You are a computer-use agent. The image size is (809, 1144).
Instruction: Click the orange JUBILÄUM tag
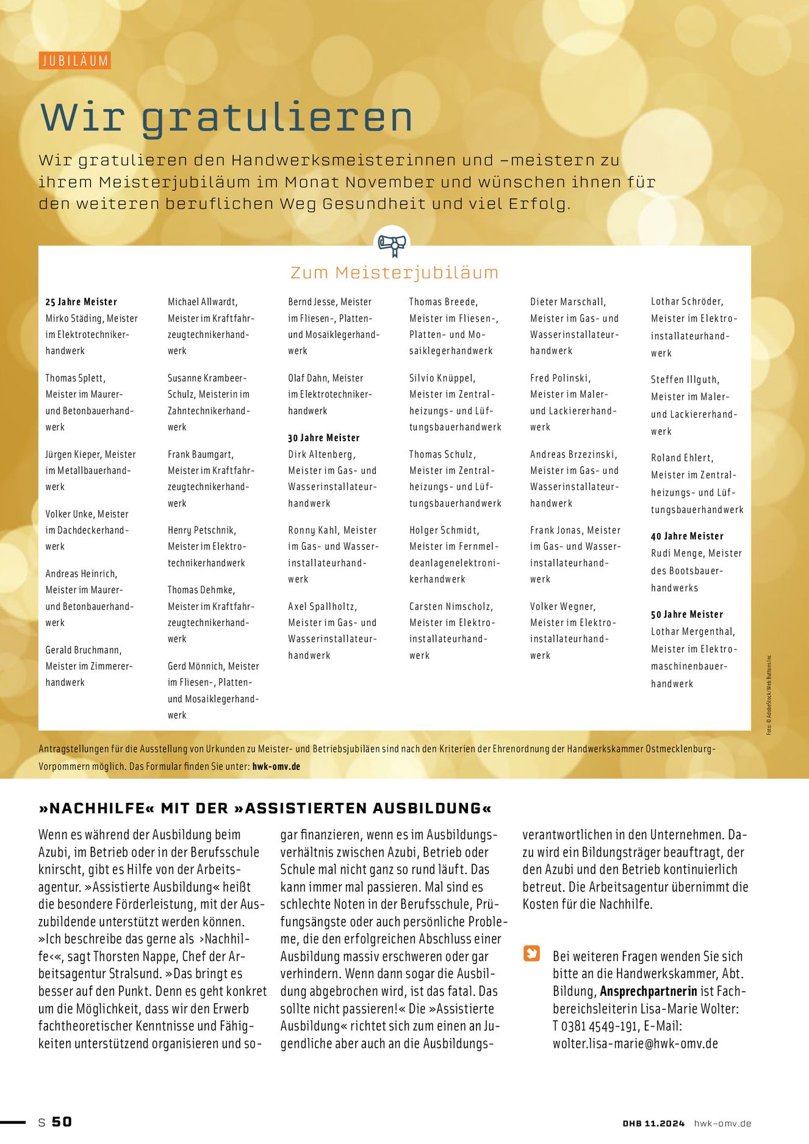(x=75, y=61)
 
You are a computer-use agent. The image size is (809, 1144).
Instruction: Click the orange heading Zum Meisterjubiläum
(x=394, y=272)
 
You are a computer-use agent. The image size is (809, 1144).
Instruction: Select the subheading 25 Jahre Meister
(x=81, y=302)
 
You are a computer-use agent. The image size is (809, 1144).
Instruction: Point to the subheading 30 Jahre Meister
(x=324, y=438)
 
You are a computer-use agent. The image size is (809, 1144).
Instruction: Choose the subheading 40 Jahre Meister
(x=687, y=536)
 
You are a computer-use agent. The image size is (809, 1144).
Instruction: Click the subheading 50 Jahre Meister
(x=687, y=614)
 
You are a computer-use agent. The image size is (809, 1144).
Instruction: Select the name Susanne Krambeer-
(x=207, y=378)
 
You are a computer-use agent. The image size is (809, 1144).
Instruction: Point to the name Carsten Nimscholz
(x=451, y=606)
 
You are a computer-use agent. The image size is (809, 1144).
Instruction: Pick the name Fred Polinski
(x=560, y=378)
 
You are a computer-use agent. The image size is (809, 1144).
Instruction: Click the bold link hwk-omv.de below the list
(x=276, y=766)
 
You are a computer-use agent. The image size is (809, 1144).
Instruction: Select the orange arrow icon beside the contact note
(x=532, y=953)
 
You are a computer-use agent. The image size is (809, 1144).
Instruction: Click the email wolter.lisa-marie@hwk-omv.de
(x=635, y=1043)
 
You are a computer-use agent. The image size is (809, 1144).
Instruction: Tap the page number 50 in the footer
(x=62, y=1121)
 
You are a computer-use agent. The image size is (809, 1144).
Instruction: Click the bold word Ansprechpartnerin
(x=649, y=991)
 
